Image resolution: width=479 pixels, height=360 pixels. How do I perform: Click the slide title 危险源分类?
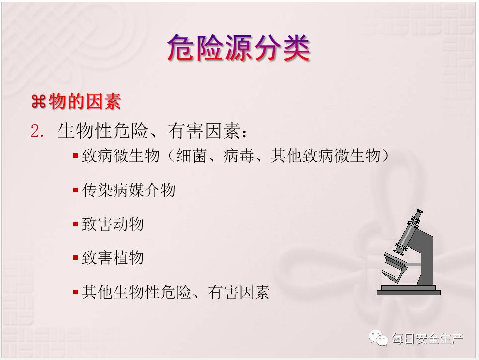click(239, 48)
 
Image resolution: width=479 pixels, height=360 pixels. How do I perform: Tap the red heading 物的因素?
click(85, 102)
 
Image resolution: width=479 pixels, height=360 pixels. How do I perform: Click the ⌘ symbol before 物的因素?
click(39, 102)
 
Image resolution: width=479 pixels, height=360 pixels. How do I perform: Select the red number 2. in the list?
click(37, 132)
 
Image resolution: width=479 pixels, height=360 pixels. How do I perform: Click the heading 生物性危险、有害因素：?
click(152, 131)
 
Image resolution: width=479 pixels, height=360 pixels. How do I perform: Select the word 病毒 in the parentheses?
click(239, 156)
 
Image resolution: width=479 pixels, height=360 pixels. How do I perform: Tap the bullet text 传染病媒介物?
click(128, 190)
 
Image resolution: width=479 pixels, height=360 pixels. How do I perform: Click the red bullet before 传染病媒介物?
click(76, 190)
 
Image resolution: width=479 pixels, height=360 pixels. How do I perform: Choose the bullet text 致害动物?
click(113, 224)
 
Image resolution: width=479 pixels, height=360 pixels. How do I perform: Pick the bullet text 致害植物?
click(113, 258)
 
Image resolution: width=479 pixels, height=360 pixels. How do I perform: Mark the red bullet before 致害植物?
click(76, 258)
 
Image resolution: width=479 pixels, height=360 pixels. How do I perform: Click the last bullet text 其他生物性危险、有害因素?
click(176, 292)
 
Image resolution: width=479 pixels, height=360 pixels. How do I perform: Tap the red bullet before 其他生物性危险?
click(76, 292)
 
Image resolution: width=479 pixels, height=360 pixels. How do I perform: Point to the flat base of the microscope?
click(409, 292)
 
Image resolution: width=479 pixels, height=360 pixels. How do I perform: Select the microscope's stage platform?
click(396, 262)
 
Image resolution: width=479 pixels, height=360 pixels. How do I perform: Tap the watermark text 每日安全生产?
click(427, 339)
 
